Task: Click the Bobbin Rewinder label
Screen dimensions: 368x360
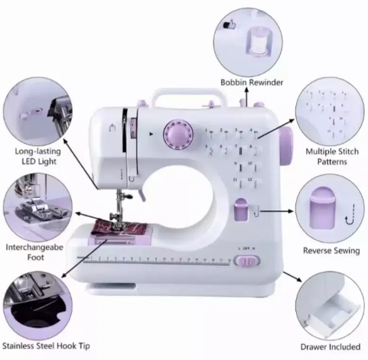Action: [x=252, y=83]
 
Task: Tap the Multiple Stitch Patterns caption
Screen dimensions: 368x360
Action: [x=332, y=157]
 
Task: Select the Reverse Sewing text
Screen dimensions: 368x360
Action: [x=331, y=251]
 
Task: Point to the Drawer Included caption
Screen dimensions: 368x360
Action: [x=331, y=347]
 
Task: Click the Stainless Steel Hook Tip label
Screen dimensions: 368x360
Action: [x=46, y=346]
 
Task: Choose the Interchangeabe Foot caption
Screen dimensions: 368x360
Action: [x=34, y=252]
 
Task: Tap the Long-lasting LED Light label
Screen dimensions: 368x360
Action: [x=38, y=157]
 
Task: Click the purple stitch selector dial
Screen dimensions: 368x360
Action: [x=178, y=134]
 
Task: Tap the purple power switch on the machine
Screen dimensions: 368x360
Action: [x=247, y=261]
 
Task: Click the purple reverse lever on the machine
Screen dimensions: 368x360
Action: [x=241, y=209]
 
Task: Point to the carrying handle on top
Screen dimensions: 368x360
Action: [x=189, y=96]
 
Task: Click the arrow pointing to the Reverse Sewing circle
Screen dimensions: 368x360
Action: [x=277, y=211]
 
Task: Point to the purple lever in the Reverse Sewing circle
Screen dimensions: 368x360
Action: [x=322, y=208]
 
